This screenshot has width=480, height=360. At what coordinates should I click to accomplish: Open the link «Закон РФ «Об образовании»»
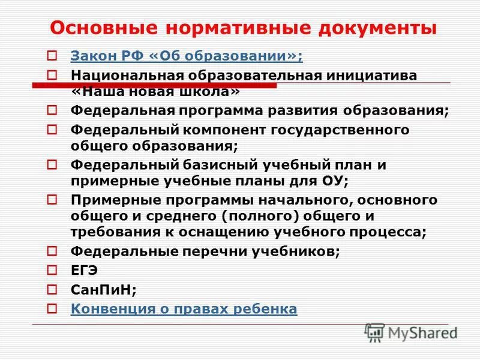point(187,57)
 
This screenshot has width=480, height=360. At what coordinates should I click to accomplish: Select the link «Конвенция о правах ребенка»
point(184,309)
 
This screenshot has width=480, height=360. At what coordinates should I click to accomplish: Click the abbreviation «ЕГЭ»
point(85,271)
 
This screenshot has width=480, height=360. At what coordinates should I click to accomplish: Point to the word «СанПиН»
point(101,290)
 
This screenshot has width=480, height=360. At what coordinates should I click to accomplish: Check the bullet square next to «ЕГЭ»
point(52,271)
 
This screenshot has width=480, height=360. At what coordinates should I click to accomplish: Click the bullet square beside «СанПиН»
point(52,290)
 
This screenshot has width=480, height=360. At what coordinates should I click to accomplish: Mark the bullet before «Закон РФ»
point(52,57)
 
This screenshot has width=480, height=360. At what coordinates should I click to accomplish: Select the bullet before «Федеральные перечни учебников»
point(52,251)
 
